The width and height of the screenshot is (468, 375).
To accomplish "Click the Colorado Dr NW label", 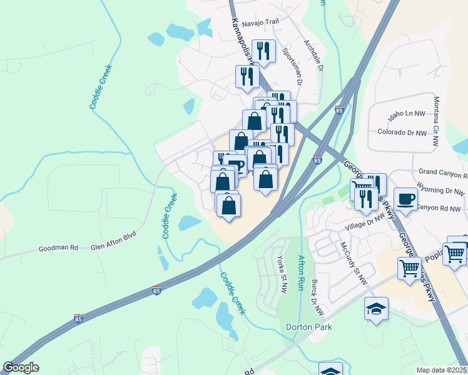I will (402, 132).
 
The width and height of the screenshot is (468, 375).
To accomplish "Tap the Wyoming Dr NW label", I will (442, 189).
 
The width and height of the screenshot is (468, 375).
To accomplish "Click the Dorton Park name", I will (308, 327).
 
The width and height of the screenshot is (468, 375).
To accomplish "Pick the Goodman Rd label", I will (58, 247).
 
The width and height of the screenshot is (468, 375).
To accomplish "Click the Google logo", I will (21, 367).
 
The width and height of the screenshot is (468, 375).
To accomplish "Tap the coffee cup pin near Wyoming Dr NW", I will (405, 199).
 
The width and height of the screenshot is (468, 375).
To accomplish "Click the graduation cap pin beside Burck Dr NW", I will (377, 309).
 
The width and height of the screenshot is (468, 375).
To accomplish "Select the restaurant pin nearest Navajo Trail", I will (263, 51).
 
